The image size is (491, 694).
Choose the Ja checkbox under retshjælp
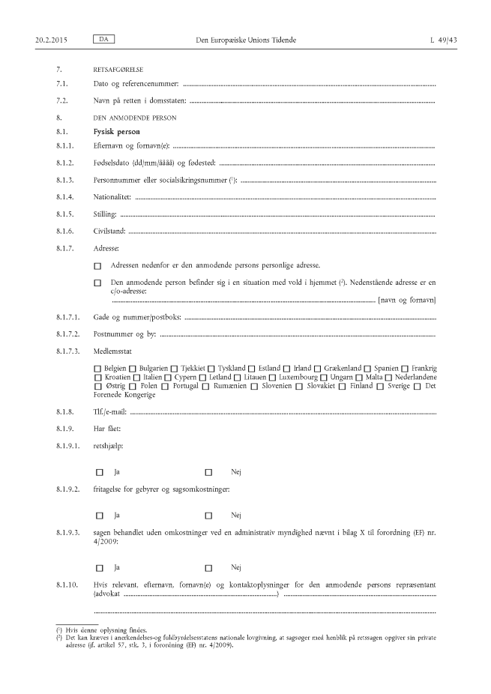pyautogui.click(x=99, y=473)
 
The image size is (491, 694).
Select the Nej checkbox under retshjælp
pyautogui.click(x=208, y=473)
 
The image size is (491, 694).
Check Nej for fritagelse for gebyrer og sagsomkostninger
pyautogui.click(x=208, y=516)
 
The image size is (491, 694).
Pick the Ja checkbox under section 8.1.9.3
pyautogui.click(x=99, y=567)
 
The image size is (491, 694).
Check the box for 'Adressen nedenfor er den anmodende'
pyautogui.click(x=97, y=266)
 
